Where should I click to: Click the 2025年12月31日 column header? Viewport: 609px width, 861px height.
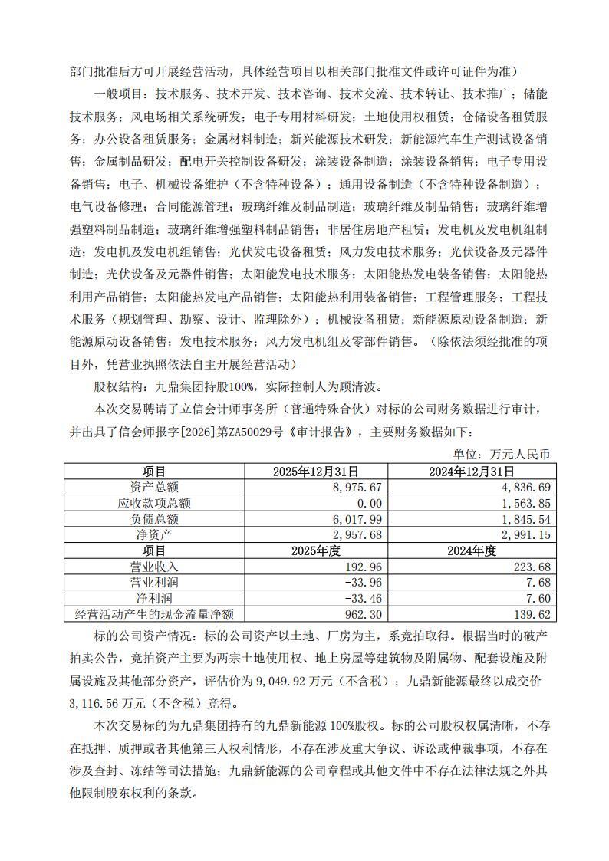315,472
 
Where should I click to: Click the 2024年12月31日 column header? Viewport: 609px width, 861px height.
472,472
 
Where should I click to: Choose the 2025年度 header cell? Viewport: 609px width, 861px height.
315,550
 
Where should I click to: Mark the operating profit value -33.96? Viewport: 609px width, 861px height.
361,582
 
